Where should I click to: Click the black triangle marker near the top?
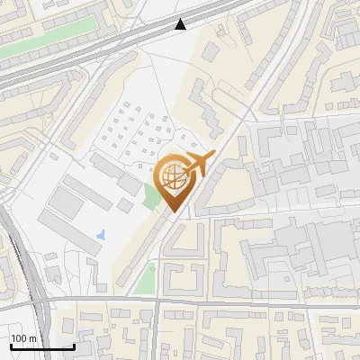(181, 24)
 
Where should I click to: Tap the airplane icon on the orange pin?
(199, 164)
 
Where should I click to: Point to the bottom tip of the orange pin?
(174, 212)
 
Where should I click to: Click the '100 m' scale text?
(23, 338)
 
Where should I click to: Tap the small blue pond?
(100, 236)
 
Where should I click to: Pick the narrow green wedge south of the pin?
(144, 275)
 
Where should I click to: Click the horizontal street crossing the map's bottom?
(225, 303)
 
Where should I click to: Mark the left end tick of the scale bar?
(12, 346)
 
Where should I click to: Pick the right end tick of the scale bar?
(74, 346)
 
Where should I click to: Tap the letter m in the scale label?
(32, 338)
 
